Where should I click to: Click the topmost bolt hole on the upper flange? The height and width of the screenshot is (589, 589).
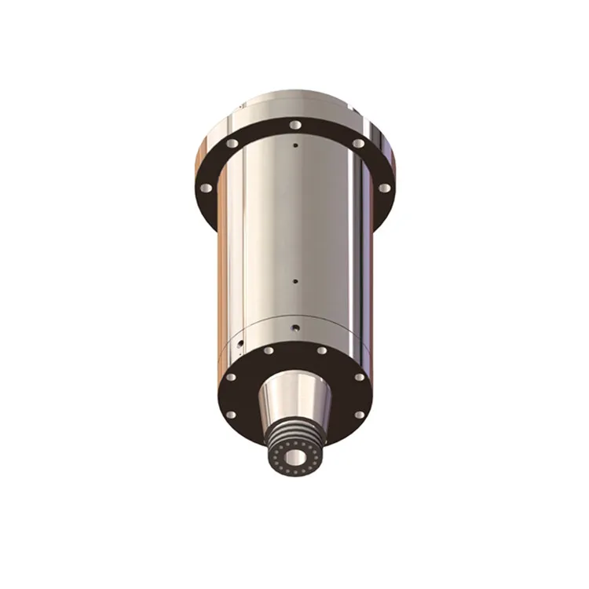pyautogui.click(x=294, y=125)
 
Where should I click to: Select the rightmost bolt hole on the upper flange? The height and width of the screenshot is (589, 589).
pyautogui.click(x=383, y=188)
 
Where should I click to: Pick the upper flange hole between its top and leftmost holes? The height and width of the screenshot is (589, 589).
pyautogui.click(x=232, y=144)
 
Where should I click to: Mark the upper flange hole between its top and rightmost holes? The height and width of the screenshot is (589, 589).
pyautogui.click(x=358, y=144)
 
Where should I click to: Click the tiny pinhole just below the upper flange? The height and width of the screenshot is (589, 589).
pyautogui.click(x=294, y=145)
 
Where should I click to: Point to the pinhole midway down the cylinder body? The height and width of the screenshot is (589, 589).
pyautogui.click(x=294, y=280)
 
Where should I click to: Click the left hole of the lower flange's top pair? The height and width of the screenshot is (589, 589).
pyautogui.click(x=269, y=350)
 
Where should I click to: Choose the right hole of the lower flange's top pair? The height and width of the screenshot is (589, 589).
pyautogui.click(x=320, y=350)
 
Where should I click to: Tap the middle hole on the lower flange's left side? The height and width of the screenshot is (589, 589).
pyautogui.click(x=230, y=377)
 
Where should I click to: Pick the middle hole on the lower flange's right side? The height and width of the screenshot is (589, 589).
pyautogui.click(x=359, y=377)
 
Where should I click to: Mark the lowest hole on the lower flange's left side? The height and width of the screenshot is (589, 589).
pyautogui.click(x=231, y=414)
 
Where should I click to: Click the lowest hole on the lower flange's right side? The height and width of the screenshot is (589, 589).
pyautogui.click(x=358, y=414)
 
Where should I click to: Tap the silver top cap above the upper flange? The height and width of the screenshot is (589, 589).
pyautogui.click(x=294, y=104)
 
